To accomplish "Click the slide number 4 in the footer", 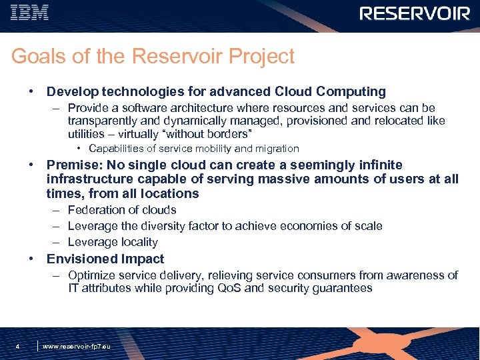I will click(x=18, y=347).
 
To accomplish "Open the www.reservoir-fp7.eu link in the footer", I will click(x=77, y=347).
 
